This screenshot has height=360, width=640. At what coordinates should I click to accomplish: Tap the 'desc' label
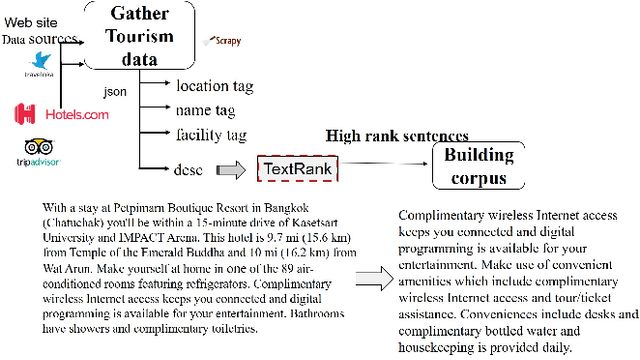coord(189,167)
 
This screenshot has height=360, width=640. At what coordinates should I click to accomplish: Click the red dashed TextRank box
coord(296,168)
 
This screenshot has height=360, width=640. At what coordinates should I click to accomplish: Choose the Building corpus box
coord(478,166)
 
